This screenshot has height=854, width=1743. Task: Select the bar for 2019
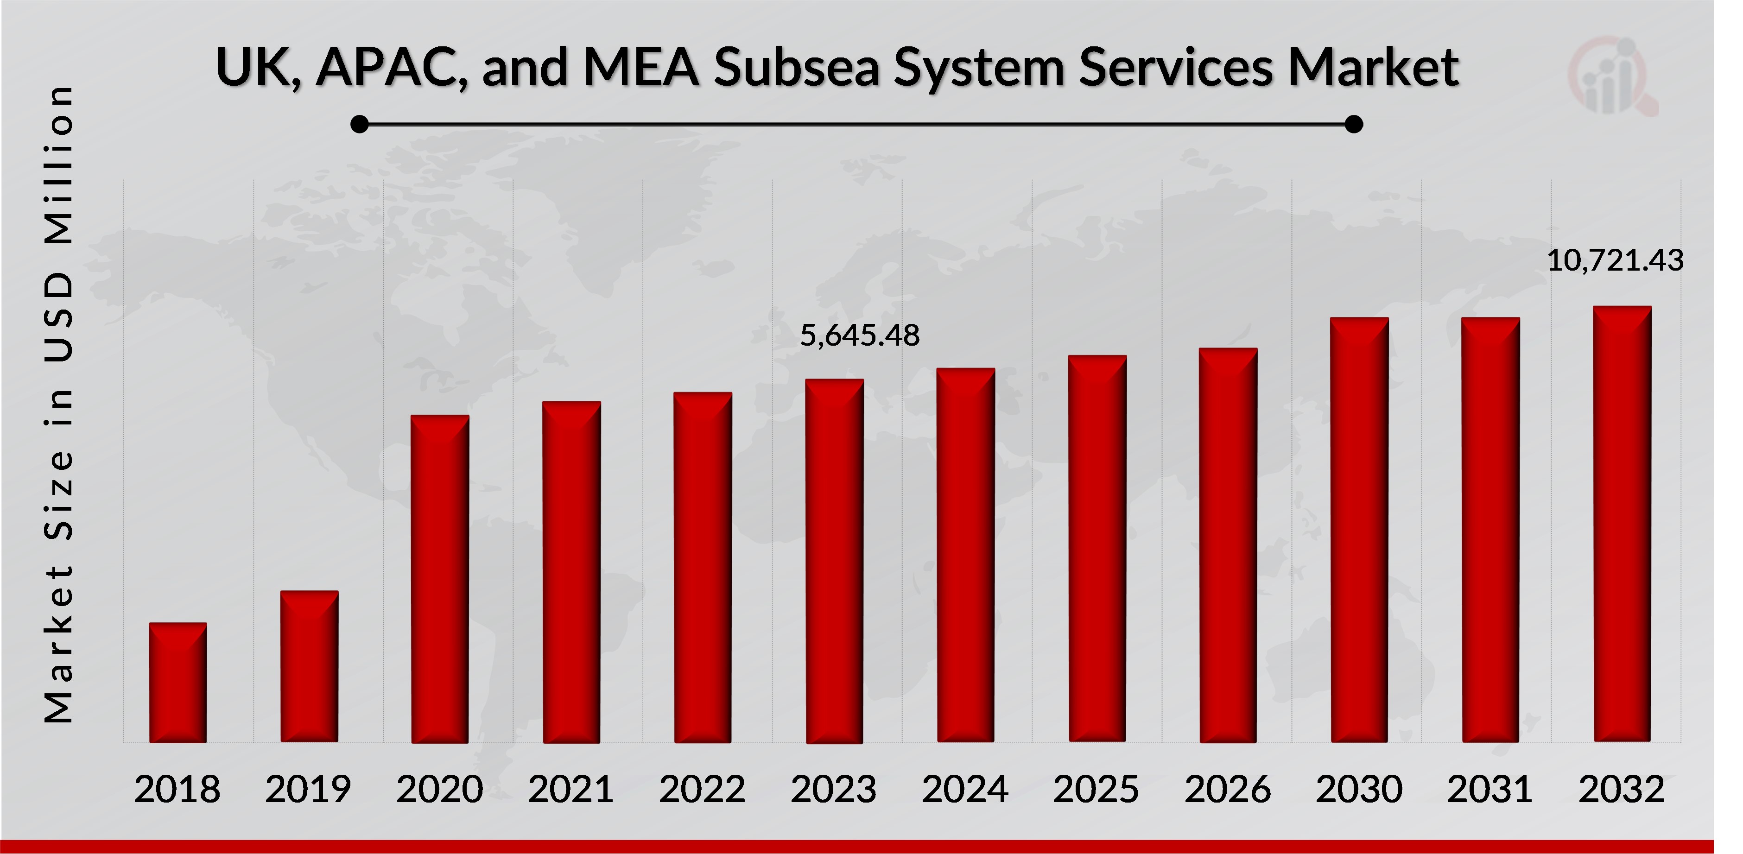[x=309, y=666]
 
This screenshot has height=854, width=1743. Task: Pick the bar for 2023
[x=834, y=561]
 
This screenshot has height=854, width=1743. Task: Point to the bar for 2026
[x=1228, y=545]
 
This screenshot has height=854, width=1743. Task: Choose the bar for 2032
[x=1622, y=525]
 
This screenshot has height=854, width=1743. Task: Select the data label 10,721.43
[x=1615, y=260]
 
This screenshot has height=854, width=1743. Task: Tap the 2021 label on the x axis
[x=570, y=789]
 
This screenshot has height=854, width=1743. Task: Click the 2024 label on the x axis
[x=965, y=789]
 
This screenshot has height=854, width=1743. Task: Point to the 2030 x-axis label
[x=1359, y=789]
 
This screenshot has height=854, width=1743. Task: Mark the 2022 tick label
[x=702, y=789]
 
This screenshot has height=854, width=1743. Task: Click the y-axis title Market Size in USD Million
[x=59, y=404]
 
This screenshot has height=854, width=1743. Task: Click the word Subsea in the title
[x=796, y=68]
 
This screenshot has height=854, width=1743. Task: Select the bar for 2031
[x=1490, y=530]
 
